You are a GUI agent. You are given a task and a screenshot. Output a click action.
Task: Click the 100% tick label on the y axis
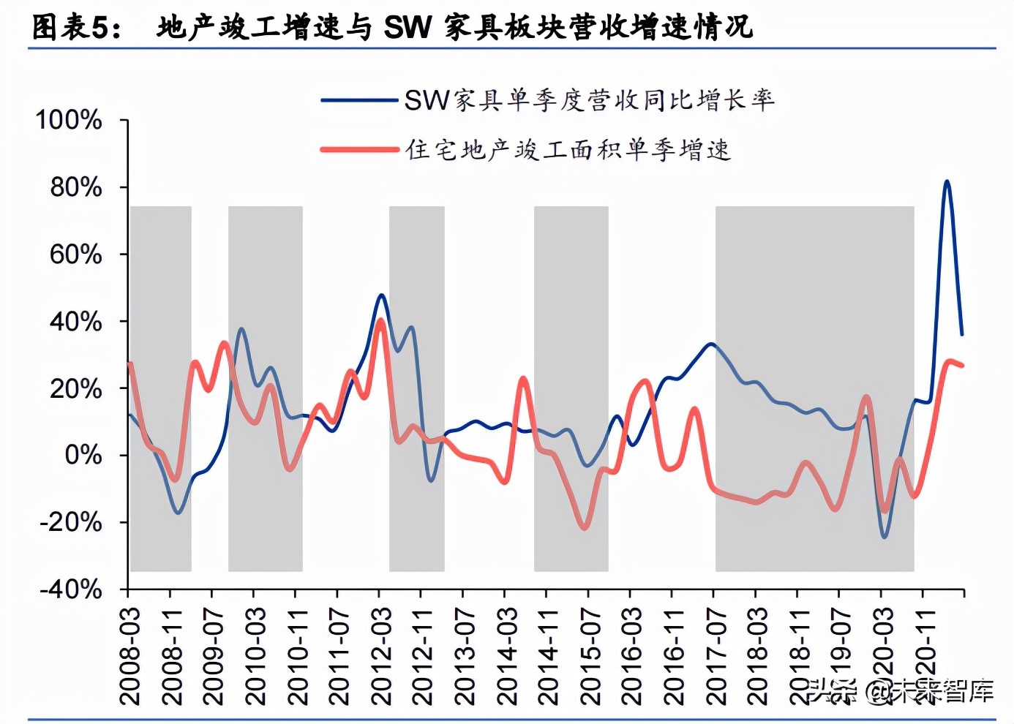(x=69, y=120)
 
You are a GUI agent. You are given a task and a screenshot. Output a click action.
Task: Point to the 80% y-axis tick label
(x=75, y=187)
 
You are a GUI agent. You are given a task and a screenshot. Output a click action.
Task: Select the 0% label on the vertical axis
(x=83, y=455)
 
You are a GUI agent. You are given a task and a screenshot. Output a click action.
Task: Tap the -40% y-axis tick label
(x=70, y=589)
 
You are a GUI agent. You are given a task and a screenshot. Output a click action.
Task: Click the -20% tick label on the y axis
(x=70, y=522)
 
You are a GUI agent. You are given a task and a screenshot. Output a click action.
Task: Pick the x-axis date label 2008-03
(x=129, y=655)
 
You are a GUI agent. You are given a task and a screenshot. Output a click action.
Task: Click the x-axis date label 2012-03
(x=380, y=655)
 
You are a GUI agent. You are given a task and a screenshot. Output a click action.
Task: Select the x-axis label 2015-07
(x=590, y=655)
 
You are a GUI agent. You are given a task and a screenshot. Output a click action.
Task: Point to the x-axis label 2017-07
(x=715, y=655)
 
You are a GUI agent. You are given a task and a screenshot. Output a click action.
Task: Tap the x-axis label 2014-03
(x=506, y=655)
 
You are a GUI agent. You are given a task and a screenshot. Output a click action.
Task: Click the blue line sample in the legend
(x=358, y=99)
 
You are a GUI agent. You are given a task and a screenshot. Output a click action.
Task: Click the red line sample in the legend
(x=358, y=150)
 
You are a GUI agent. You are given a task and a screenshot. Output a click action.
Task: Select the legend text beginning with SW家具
(x=589, y=99)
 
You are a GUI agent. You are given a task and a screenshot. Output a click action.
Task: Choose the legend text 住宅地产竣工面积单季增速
(x=568, y=150)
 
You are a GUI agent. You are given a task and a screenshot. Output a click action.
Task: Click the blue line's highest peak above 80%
(x=947, y=181)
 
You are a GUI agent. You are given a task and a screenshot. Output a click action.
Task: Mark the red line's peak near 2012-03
(x=380, y=320)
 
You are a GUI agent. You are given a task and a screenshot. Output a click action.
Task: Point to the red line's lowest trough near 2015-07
(x=584, y=527)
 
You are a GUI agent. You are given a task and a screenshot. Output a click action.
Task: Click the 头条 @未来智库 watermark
(x=900, y=690)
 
